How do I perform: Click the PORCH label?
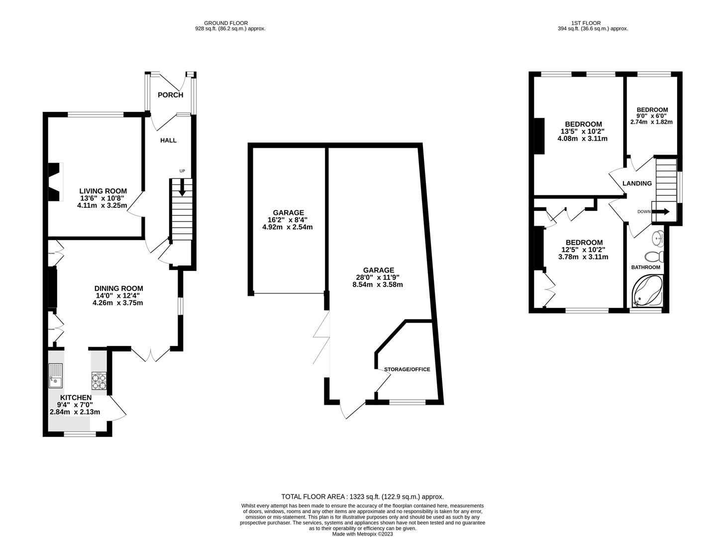(x=170, y=95)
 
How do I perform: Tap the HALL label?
(x=168, y=140)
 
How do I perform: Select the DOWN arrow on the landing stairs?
(x=660, y=211)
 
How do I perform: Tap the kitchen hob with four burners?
(x=99, y=380)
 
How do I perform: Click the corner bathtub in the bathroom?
(x=647, y=292)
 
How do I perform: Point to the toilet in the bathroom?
(x=654, y=257)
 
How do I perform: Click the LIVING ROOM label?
(x=103, y=191)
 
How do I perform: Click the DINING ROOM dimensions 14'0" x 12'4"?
(x=118, y=295)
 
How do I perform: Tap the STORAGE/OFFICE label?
(x=407, y=369)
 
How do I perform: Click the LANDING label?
(x=637, y=183)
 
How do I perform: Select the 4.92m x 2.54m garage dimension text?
(x=287, y=227)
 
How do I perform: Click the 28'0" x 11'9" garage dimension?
(x=377, y=277)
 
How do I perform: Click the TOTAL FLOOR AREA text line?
(x=362, y=496)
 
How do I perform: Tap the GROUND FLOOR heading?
(x=225, y=23)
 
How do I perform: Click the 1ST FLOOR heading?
(x=586, y=23)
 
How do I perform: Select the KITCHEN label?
(x=76, y=397)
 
